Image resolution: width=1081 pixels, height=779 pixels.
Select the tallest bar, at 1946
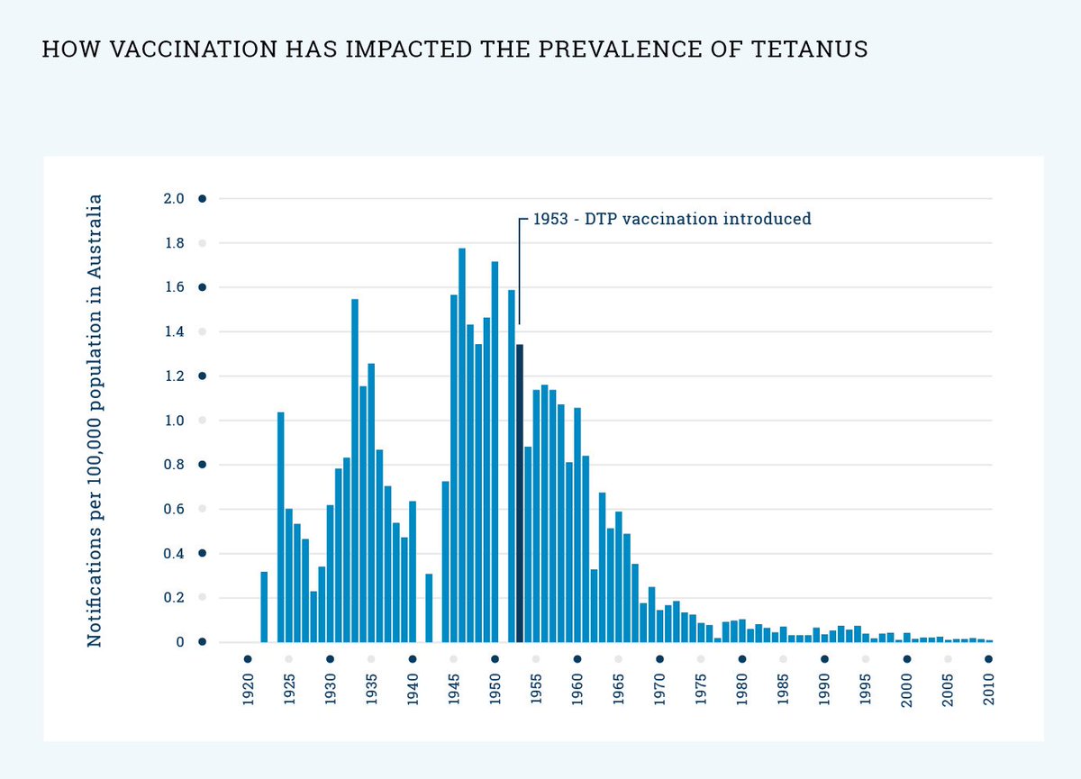coord(462,445)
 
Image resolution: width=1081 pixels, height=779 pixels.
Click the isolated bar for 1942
coord(429,608)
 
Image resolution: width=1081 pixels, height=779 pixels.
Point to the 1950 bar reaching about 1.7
coord(495,451)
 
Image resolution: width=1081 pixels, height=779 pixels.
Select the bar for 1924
coord(281,527)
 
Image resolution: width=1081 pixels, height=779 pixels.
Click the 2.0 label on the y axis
coord(174,199)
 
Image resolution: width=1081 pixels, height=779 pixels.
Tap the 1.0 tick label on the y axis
coord(174,421)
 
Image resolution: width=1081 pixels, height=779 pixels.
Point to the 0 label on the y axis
coord(180,642)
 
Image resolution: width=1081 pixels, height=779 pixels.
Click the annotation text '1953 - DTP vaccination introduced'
coord(671,219)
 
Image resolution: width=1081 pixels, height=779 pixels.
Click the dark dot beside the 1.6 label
coord(203,287)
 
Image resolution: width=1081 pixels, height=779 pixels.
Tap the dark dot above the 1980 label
coord(742,658)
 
